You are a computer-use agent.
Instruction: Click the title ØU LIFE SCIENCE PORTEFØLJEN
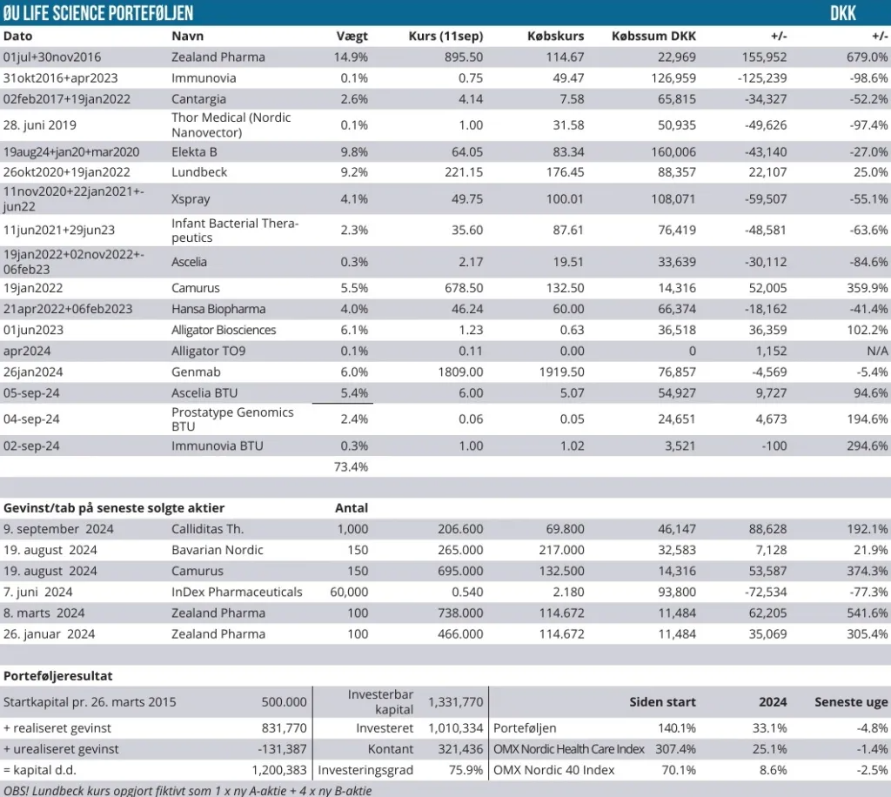pyautogui.click(x=98, y=13)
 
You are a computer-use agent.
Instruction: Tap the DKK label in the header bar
pyautogui.click(x=843, y=13)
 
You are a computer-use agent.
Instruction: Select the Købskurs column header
pyautogui.click(x=555, y=37)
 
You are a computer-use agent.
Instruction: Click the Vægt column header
pyautogui.click(x=352, y=37)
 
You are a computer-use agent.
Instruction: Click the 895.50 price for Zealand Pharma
pyautogui.click(x=464, y=57)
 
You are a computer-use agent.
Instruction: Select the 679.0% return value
pyautogui.click(x=868, y=57)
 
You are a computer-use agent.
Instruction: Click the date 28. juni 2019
pyautogui.click(x=40, y=124)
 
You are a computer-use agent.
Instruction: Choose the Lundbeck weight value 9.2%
pyautogui.click(x=353, y=172)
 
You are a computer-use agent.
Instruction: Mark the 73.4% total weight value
pyautogui.click(x=353, y=466)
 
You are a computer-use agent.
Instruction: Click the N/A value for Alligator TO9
pyautogui.click(x=877, y=351)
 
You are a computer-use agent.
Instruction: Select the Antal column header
pyautogui.click(x=352, y=508)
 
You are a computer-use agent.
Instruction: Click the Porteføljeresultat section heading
pyautogui.click(x=58, y=676)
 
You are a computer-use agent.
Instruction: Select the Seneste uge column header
pyautogui.click(x=851, y=702)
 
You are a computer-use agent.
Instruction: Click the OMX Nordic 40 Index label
pyautogui.click(x=553, y=770)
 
